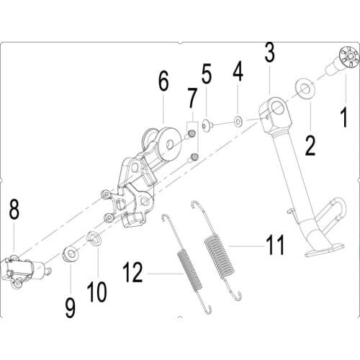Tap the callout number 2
click(x=310, y=144)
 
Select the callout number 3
click(x=269, y=52)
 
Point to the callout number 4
click(x=238, y=76)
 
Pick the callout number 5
click(x=207, y=74)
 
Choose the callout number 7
click(x=192, y=97)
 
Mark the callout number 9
click(x=70, y=308)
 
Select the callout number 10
click(x=97, y=292)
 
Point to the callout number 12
click(x=135, y=273)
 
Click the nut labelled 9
click(x=71, y=253)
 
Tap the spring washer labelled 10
click(x=93, y=238)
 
